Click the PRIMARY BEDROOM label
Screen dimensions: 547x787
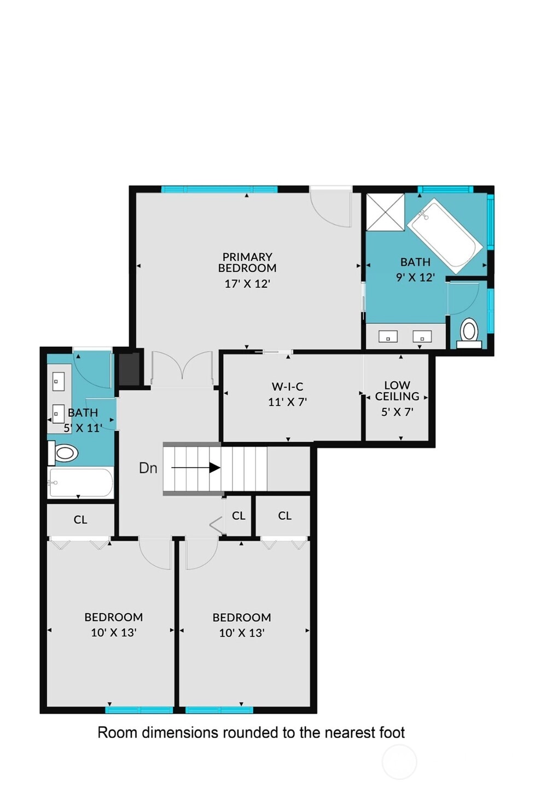pyautogui.click(x=247, y=262)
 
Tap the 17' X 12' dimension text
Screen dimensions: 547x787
pyautogui.click(x=247, y=283)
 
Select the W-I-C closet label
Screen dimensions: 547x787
pyautogui.click(x=287, y=387)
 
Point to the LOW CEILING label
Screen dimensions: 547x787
pyautogui.click(x=397, y=390)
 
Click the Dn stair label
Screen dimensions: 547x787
pyautogui.click(x=148, y=468)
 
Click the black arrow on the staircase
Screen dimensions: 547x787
pyautogui.click(x=196, y=468)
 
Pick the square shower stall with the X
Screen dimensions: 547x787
pyautogui.click(x=386, y=212)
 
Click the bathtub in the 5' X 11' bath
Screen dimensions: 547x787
pyautogui.click(x=81, y=483)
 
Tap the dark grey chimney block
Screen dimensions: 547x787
pyautogui.click(x=129, y=369)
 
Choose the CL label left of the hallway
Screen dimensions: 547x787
pyautogui.click(x=80, y=520)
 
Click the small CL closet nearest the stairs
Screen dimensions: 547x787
pyautogui.click(x=238, y=515)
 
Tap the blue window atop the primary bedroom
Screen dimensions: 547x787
pyautogui.click(x=219, y=189)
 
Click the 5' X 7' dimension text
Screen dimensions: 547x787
pyautogui.click(x=397, y=412)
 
